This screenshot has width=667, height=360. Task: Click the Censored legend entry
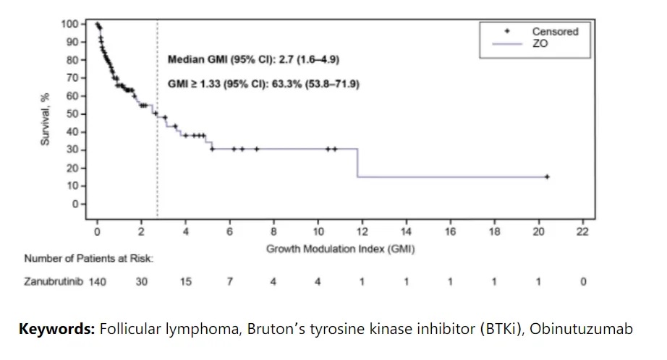[555, 32]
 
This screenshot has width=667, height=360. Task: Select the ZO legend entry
[540, 43]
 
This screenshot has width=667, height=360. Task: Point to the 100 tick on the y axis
[69, 24]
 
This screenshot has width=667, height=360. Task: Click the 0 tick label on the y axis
[74, 205]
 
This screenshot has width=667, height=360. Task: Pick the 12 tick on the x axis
[362, 231]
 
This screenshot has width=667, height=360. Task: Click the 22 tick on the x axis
[582, 231]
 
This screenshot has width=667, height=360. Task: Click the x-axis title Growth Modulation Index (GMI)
[340, 249]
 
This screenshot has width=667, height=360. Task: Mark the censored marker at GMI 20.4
[547, 176]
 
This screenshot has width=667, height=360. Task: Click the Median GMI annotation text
[253, 59]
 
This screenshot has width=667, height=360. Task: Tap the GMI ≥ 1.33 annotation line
[263, 84]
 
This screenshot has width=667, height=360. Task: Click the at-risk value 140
[97, 282]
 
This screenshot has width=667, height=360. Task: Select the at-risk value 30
[141, 282]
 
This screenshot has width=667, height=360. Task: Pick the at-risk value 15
[185, 282]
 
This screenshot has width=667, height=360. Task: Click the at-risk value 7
[229, 282]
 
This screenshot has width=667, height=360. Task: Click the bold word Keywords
[56, 330]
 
